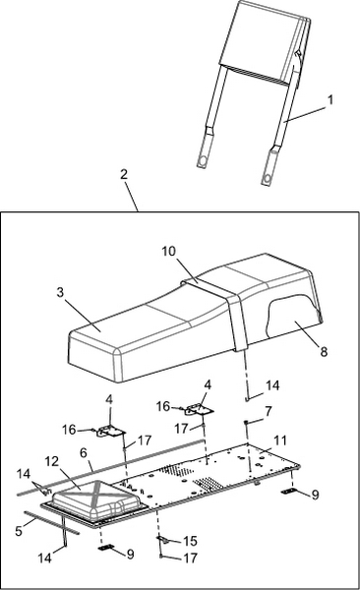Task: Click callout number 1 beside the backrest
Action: click(x=330, y=100)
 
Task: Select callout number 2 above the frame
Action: click(x=124, y=174)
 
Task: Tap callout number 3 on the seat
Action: click(x=60, y=292)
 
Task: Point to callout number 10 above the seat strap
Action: click(x=169, y=252)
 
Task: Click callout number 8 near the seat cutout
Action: click(x=324, y=351)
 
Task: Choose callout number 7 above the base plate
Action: click(x=268, y=411)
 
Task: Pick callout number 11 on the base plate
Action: click(x=280, y=441)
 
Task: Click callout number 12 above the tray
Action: click(x=53, y=462)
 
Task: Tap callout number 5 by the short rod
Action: click(x=19, y=531)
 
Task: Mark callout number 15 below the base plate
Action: click(x=191, y=541)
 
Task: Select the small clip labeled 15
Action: click(x=163, y=539)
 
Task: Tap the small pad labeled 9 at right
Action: click(x=290, y=491)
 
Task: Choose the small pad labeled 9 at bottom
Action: click(x=105, y=548)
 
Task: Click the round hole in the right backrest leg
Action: click(x=268, y=178)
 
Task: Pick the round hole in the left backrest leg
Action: click(x=204, y=161)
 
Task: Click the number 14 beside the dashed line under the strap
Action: click(x=272, y=385)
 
